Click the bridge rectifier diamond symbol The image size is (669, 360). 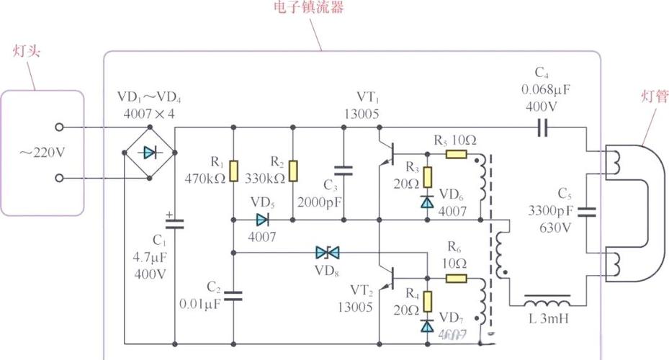click(x=149, y=153)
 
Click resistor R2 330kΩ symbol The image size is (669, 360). click(x=293, y=171)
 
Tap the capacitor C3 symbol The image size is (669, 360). click(x=344, y=171)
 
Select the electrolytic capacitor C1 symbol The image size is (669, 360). click(x=174, y=224)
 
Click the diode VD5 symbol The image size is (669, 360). click(x=262, y=219)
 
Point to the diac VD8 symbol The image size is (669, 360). click(x=328, y=253)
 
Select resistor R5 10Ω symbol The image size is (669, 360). click(x=456, y=153)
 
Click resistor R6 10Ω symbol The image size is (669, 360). click(x=456, y=279)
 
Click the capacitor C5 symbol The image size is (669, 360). click(x=588, y=212)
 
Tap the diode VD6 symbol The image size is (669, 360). click(x=428, y=202)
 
